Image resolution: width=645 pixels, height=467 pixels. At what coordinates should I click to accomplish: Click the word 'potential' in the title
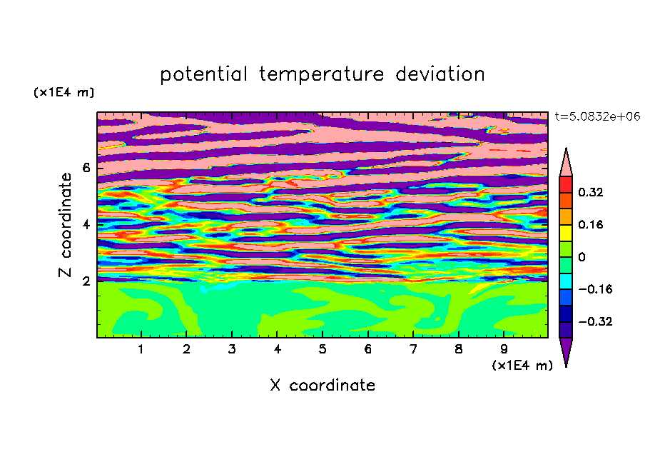tap(203, 74)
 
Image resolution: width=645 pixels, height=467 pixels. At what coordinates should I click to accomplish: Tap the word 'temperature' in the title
tap(322, 74)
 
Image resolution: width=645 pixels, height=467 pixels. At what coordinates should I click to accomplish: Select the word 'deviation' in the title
tap(440, 74)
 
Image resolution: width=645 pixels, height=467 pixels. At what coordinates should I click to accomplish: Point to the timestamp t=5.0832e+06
tap(598, 116)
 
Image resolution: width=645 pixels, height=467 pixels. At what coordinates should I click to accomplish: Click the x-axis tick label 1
tap(141, 349)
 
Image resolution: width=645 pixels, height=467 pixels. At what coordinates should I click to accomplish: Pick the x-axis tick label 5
tap(322, 349)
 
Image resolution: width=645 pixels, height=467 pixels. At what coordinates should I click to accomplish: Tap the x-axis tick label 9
tap(504, 349)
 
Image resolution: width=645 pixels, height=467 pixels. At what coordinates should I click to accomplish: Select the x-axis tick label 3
tap(232, 349)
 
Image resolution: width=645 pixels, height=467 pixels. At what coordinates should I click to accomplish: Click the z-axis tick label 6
tap(86, 168)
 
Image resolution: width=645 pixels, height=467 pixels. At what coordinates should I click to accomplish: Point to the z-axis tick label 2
tap(86, 281)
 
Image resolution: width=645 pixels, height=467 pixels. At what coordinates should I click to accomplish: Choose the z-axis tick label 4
tap(86, 225)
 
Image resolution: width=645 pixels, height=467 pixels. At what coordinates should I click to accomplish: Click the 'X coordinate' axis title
tap(322, 385)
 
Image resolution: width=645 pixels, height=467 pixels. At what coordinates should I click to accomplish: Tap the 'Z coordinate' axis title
tap(65, 225)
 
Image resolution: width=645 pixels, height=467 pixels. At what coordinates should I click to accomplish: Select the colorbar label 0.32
tap(590, 192)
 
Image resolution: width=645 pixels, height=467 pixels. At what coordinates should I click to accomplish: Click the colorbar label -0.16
tap(595, 289)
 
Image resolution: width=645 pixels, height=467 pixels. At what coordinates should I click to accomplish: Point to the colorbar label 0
tap(581, 257)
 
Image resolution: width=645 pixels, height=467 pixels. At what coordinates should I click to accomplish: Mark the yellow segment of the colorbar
tap(566, 233)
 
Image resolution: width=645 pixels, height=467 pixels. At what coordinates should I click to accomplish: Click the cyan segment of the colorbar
tap(566, 281)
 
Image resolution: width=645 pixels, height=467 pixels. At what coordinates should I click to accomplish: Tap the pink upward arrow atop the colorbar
tap(566, 162)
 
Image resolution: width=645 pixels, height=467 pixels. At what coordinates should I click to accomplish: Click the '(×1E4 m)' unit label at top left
tap(64, 93)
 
